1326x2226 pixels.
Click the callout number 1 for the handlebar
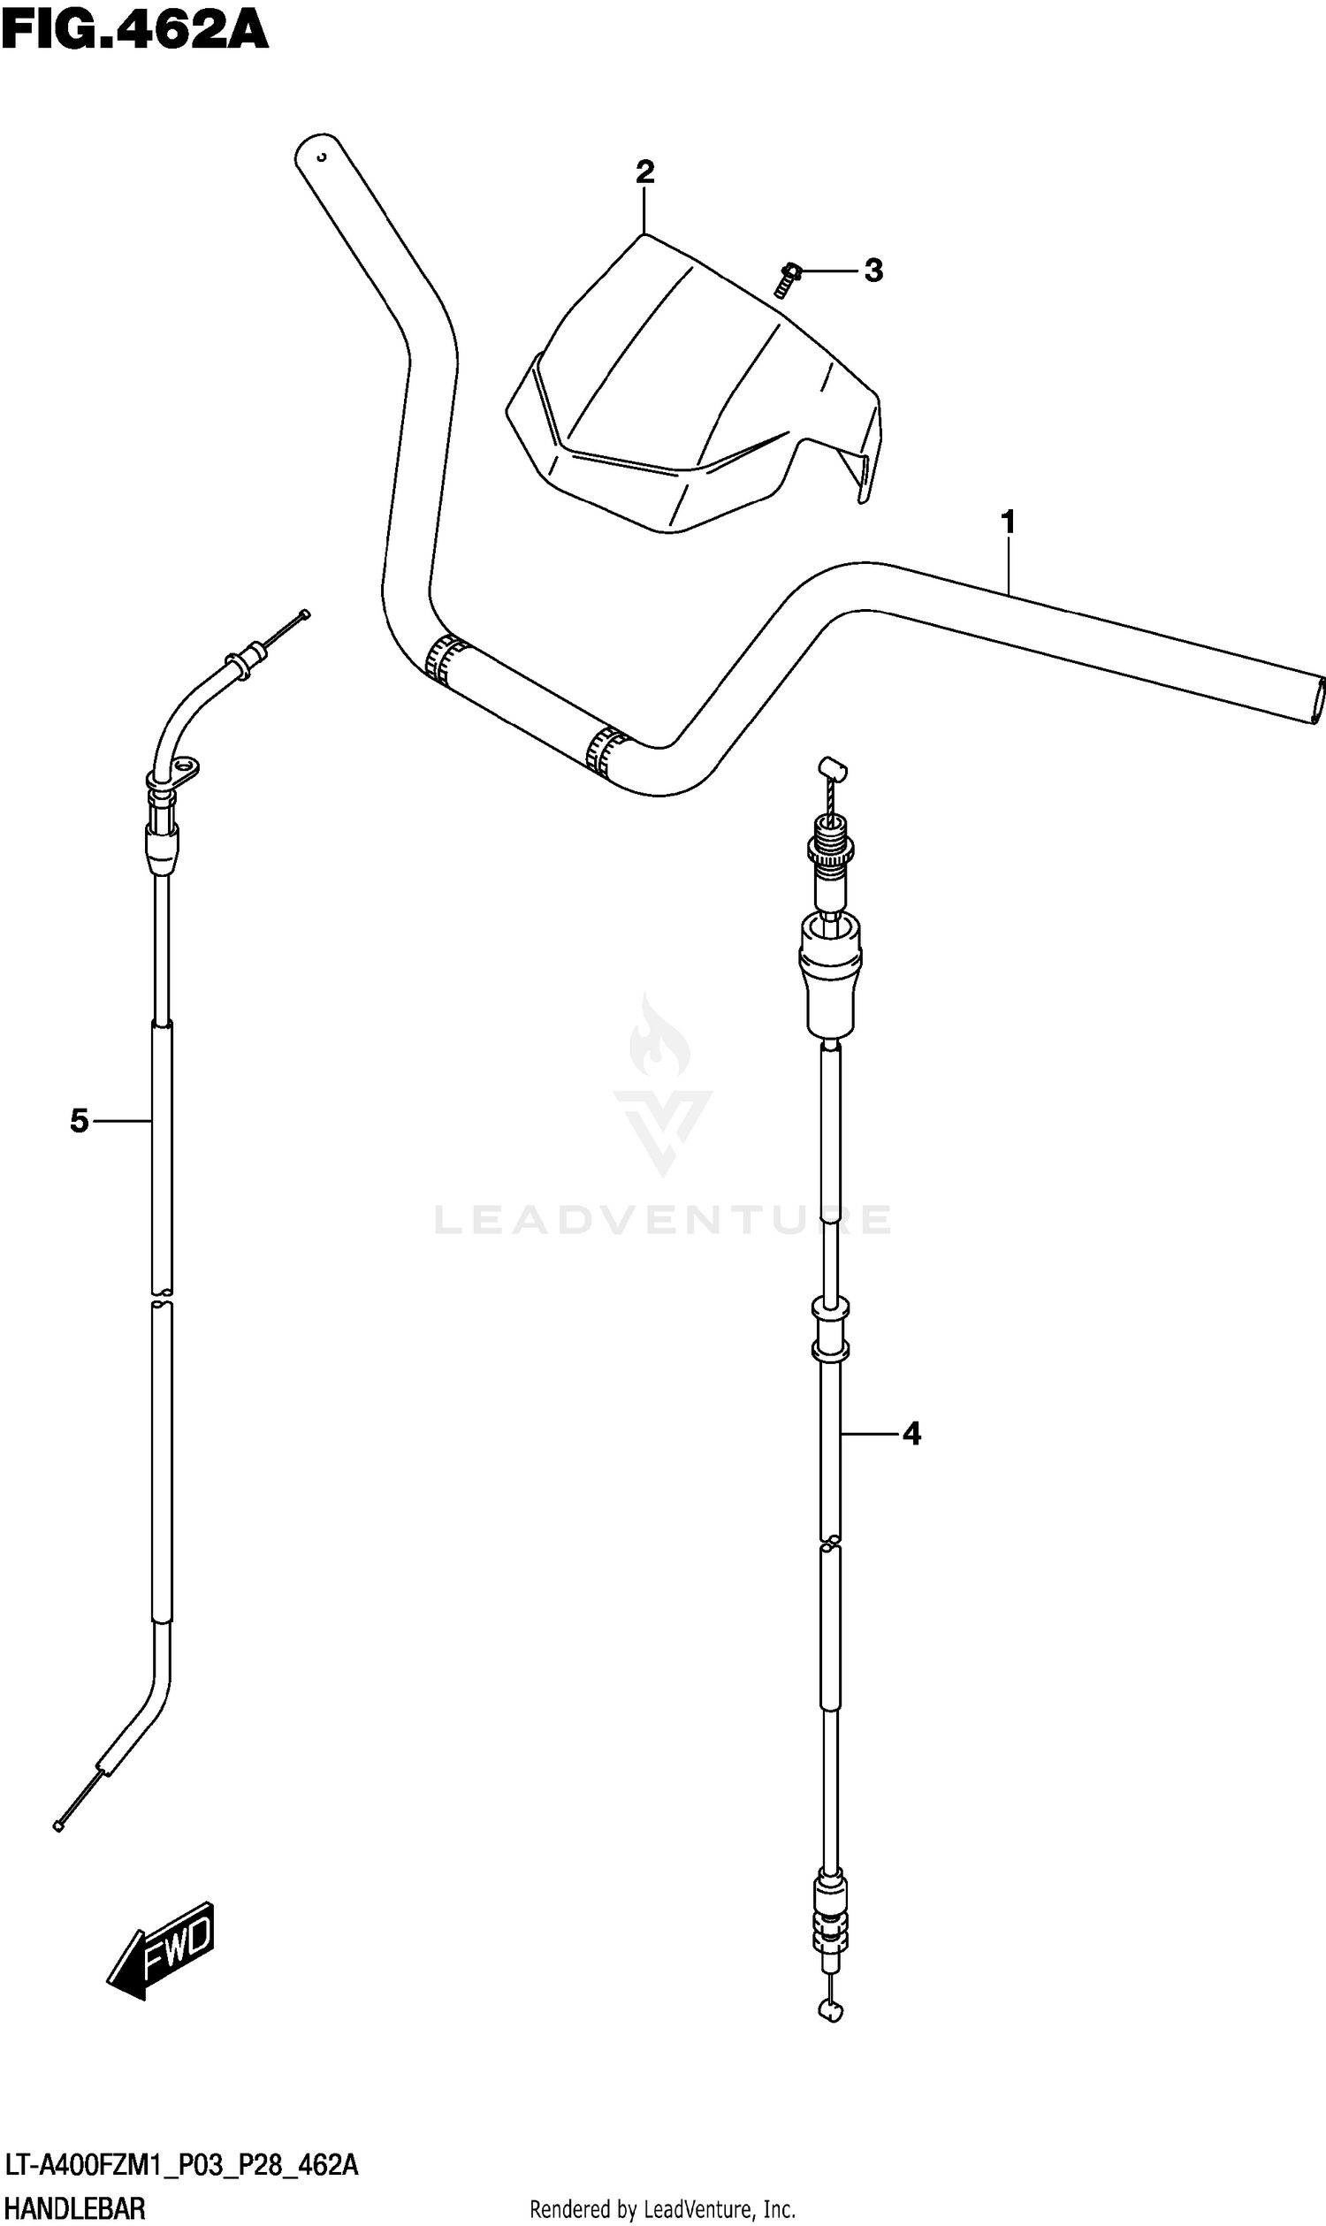[1009, 521]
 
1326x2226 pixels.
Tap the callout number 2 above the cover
[645, 172]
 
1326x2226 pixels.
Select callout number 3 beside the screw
[873, 270]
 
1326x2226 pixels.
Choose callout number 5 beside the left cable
[80, 1121]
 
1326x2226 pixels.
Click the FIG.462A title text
[135, 30]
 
